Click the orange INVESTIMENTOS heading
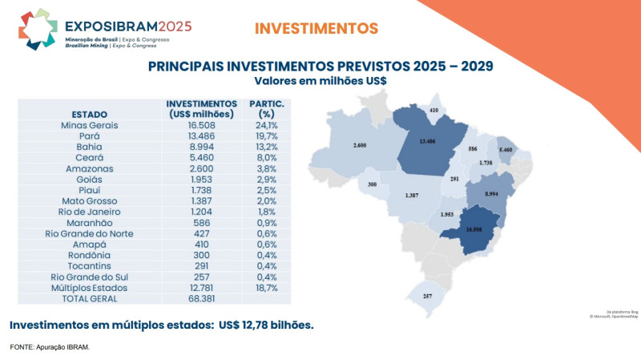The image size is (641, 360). click(316, 29)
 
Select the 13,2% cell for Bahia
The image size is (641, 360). click(266, 148)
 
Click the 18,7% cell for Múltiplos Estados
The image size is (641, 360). click(266, 287)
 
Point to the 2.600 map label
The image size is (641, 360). click(359, 146)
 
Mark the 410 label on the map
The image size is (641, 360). click(434, 110)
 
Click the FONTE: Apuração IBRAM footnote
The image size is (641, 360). click(50, 347)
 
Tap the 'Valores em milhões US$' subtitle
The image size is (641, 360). click(320, 81)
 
